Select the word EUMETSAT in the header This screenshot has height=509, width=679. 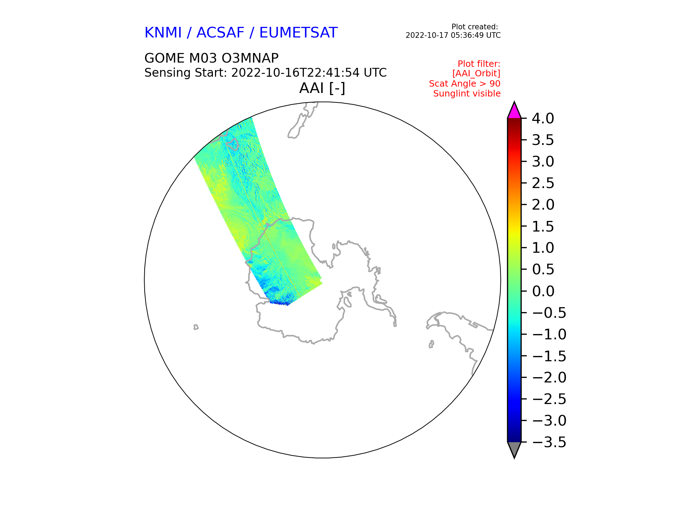[x=298, y=33]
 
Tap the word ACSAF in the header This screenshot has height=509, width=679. [x=220, y=33]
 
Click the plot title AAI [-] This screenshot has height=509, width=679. [x=322, y=88]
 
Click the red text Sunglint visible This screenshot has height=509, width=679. [x=467, y=94]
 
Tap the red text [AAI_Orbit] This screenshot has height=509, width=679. [x=476, y=74]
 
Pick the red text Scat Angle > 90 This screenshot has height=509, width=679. [x=465, y=84]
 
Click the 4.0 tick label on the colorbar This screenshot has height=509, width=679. [x=543, y=118]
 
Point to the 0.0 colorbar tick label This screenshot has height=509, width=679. [x=543, y=291]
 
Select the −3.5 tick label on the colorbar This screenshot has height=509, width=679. [x=549, y=442]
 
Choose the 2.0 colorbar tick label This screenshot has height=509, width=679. [x=543, y=205]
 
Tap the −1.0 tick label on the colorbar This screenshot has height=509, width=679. [x=549, y=334]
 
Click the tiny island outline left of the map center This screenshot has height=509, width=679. [x=196, y=327]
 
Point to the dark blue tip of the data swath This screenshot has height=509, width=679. [x=279, y=303]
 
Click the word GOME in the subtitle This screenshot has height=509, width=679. [x=164, y=58]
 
